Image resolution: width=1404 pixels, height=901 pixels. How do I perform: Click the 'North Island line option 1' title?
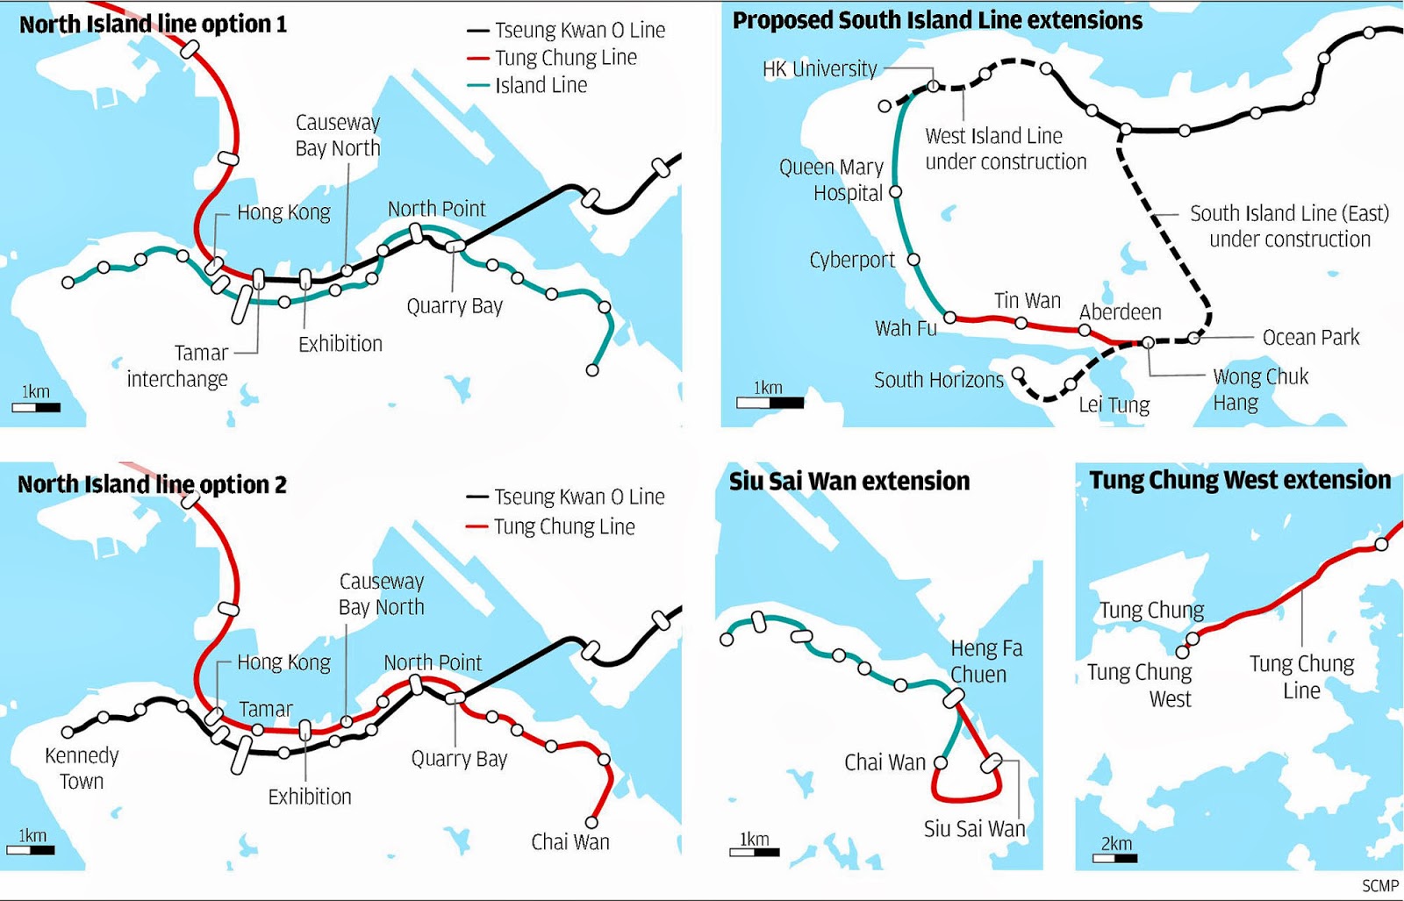click(153, 25)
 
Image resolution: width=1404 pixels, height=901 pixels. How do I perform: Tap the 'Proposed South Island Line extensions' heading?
click(937, 21)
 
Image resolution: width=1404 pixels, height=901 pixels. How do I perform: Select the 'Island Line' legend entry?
click(541, 85)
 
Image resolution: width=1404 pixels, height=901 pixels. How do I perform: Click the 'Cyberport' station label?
click(851, 260)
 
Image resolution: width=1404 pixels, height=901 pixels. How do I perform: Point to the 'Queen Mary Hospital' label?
click(831, 180)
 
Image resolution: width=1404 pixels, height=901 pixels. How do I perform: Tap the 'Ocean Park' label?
click(1310, 337)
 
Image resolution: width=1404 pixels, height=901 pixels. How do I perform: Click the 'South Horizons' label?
click(938, 380)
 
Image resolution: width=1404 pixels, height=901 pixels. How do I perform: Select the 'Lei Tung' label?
click(1114, 404)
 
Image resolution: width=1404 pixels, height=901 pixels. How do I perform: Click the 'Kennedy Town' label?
click(82, 769)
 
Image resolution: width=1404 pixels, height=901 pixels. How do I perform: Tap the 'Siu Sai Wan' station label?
click(974, 829)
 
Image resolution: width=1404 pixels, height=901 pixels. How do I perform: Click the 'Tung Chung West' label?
click(1140, 685)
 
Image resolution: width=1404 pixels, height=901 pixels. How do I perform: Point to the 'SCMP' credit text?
click(1379, 886)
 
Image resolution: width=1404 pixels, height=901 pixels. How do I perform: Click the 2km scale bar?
click(1114, 857)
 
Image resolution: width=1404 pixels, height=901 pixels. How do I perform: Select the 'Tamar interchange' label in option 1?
click(178, 366)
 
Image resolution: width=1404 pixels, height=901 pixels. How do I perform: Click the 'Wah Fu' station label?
click(906, 328)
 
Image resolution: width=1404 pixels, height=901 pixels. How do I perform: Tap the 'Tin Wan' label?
click(1027, 301)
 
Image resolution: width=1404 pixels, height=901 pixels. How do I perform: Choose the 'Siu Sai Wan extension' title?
click(849, 482)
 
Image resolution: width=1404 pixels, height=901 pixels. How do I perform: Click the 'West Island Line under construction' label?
click(1005, 149)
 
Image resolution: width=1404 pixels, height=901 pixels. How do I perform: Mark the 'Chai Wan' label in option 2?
click(569, 842)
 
